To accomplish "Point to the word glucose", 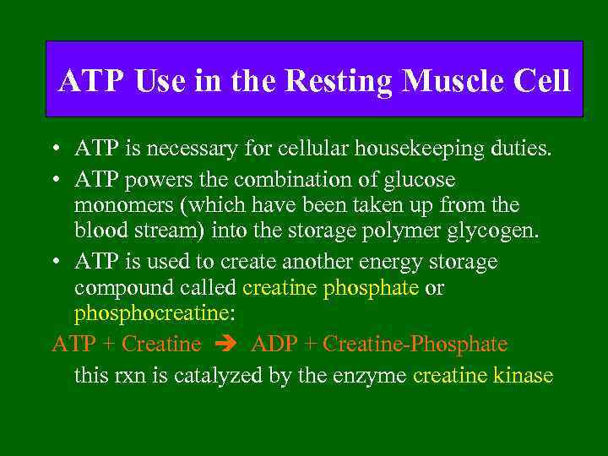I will pyautogui.click(x=417, y=180).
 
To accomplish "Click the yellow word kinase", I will pyautogui.click(x=524, y=375).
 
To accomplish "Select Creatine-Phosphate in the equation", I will pyautogui.click(x=415, y=345).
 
